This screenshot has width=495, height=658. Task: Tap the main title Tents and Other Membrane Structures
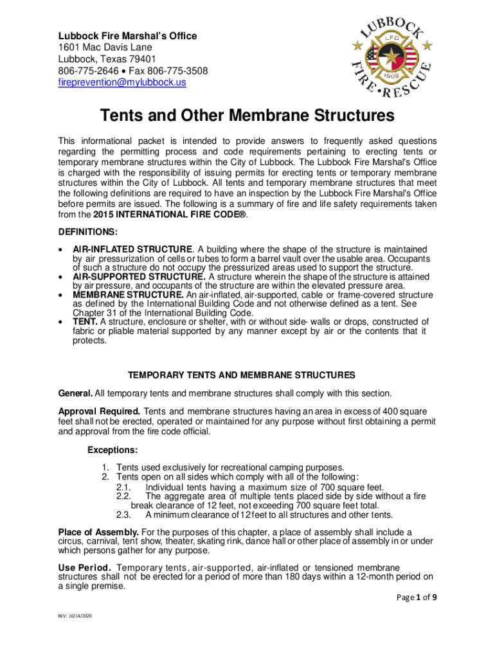point(247,116)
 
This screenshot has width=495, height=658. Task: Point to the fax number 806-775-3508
point(172,71)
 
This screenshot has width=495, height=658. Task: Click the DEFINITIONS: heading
point(88,231)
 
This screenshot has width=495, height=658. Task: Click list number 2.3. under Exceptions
point(123,514)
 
